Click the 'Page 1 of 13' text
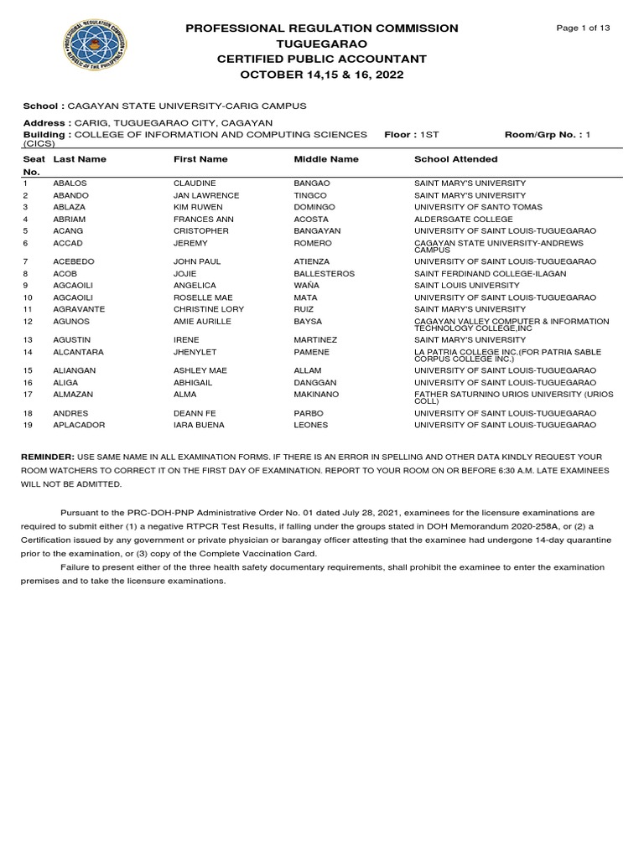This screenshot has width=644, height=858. [584, 28]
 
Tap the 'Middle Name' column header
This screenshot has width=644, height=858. [326, 159]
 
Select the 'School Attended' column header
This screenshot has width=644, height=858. [455, 159]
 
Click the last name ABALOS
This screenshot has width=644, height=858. [70, 183]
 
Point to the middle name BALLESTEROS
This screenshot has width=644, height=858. [325, 274]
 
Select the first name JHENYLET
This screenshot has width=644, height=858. [196, 353]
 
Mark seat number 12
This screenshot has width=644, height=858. [28, 322]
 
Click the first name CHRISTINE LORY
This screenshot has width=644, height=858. [210, 310]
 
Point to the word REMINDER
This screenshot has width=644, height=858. [49, 458]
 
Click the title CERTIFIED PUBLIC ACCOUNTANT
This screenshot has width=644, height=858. [322, 59]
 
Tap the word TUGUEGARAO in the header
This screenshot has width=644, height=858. [322, 44]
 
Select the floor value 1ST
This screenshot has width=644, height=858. [429, 134]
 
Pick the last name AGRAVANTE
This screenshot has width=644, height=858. [79, 310]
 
